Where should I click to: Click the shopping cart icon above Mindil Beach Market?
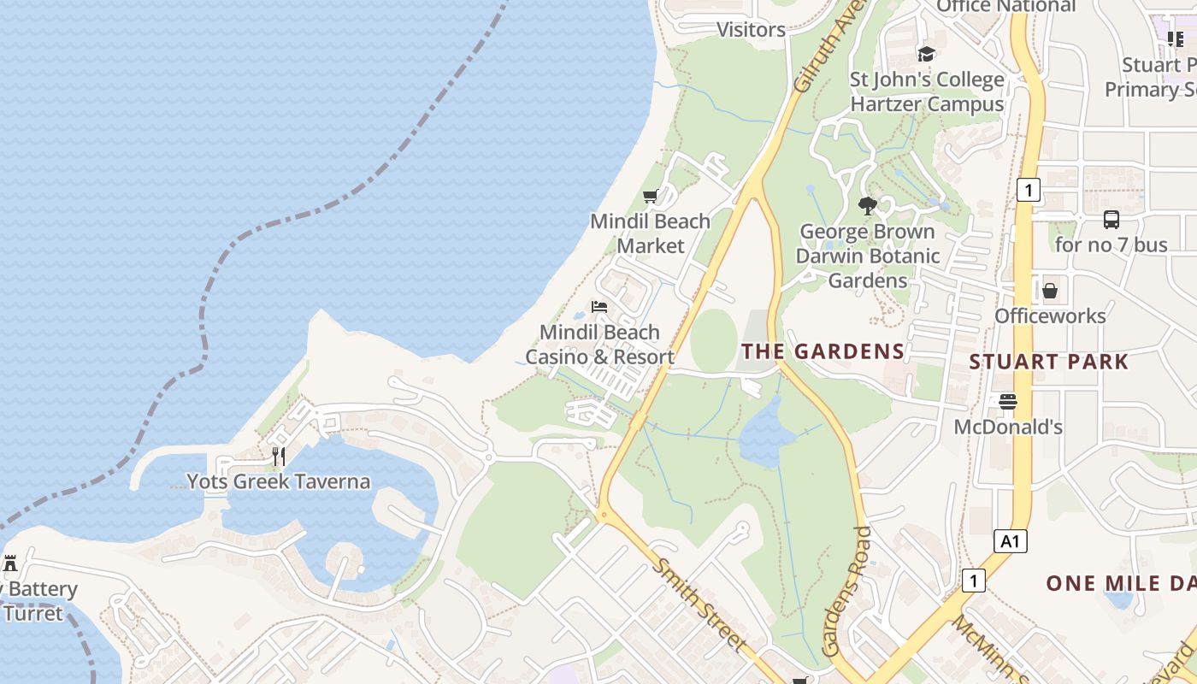(x=650, y=197)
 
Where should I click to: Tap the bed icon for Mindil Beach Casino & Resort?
(x=599, y=307)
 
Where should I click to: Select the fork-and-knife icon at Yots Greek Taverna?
(x=279, y=457)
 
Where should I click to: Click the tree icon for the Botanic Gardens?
(x=868, y=206)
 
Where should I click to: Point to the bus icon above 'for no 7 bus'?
(x=1111, y=220)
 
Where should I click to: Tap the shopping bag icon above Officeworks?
(x=1050, y=291)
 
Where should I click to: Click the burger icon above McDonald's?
(x=1008, y=401)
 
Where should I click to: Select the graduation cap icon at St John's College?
(x=926, y=55)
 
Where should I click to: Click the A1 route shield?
(x=1011, y=541)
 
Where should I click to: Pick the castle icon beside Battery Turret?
(x=11, y=564)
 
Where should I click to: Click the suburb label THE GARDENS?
(x=823, y=351)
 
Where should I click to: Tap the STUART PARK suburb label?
(x=1049, y=362)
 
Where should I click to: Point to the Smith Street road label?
(x=699, y=604)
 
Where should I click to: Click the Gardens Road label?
(x=847, y=592)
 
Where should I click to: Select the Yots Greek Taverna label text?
(x=279, y=481)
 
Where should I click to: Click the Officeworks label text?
(x=1050, y=316)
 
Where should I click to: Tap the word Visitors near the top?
(x=751, y=30)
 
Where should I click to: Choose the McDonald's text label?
(x=1008, y=427)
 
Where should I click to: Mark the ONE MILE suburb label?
(x=1120, y=584)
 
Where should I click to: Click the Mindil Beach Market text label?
(x=650, y=233)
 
